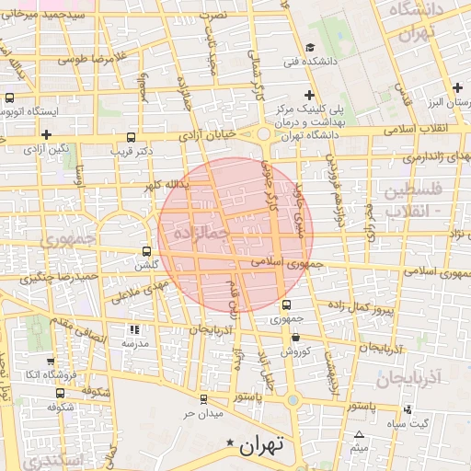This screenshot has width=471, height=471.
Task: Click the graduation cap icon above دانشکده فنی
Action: (310, 48)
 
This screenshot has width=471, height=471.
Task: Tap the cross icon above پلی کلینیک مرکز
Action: (310, 96)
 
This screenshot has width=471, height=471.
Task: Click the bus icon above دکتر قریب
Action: (128, 135)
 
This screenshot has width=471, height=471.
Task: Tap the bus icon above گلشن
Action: (147, 250)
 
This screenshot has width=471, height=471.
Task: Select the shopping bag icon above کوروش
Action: (294, 338)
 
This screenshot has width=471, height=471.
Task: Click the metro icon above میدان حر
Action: (203, 398)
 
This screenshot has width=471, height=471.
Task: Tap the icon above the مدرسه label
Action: (134, 328)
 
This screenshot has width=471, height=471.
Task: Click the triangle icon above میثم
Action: (359, 434)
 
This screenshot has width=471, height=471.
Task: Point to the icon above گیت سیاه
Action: (408, 408)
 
